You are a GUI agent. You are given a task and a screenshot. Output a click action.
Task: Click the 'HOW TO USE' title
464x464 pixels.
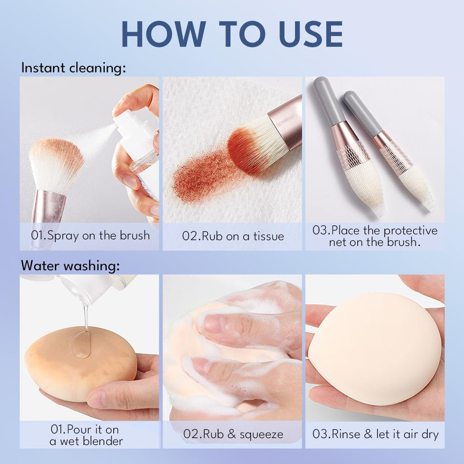point(232,34)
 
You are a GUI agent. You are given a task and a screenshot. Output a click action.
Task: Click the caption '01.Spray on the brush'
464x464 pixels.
point(89,236)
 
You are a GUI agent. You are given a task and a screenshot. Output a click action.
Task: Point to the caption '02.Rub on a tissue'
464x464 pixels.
point(233,236)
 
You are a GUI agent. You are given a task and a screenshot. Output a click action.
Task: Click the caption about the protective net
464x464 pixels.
point(375,236)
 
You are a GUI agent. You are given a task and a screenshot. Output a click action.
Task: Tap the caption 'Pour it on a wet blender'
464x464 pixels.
point(86,435)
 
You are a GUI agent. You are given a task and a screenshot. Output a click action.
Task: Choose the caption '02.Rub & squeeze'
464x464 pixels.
point(233,435)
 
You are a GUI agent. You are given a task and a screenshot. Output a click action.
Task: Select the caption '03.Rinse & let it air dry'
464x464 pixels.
point(375,435)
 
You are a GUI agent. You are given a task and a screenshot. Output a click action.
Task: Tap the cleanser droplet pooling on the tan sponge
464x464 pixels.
point(82,344)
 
